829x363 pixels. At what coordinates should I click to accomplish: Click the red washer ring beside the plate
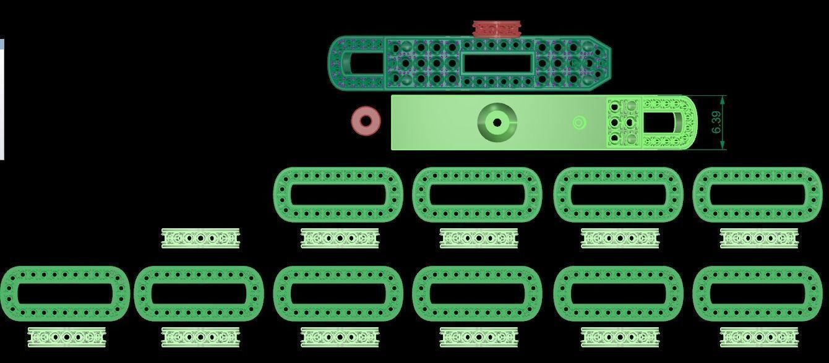(x=366, y=121)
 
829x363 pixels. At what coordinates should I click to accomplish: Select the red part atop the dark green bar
(x=496, y=29)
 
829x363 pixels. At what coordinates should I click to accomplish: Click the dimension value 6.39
(x=716, y=122)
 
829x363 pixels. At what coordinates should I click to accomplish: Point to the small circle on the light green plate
(x=579, y=123)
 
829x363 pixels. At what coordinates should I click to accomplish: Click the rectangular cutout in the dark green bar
(x=497, y=62)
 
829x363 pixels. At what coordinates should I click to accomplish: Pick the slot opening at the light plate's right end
(x=665, y=122)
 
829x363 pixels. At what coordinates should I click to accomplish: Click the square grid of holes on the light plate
(x=624, y=122)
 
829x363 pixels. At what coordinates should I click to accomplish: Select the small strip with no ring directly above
(x=200, y=238)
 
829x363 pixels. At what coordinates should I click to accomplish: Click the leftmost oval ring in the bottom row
(x=64, y=294)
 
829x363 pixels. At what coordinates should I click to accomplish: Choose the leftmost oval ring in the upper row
(x=338, y=194)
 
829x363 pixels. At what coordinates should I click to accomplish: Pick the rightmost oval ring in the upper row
(x=757, y=194)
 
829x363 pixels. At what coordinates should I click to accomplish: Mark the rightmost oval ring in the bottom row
(x=757, y=294)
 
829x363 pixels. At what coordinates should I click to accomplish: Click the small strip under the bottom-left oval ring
(x=67, y=337)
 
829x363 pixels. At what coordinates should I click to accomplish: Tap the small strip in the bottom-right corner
(x=759, y=337)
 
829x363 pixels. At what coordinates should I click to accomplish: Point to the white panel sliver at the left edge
(x=2, y=99)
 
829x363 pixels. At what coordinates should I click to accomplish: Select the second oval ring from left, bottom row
(x=199, y=294)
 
